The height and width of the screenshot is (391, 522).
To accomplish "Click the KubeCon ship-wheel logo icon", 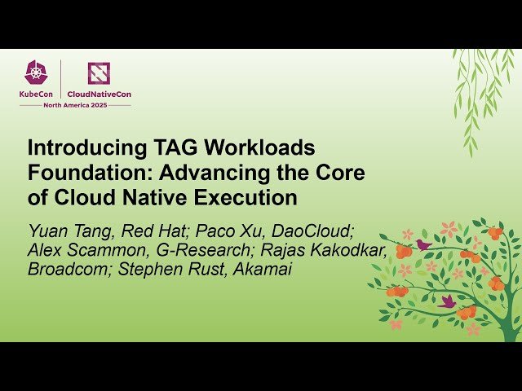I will pyautogui.click(x=35, y=73).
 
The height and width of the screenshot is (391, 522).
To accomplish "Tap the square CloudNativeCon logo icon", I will pyautogui.click(x=99, y=73).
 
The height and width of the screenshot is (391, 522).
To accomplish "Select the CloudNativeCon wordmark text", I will pyautogui.click(x=99, y=94).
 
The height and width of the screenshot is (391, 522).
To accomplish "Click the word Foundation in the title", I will pyautogui.click(x=87, y=173).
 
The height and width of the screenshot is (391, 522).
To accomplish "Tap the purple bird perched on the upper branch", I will pyautogui.click(x=422, y=244).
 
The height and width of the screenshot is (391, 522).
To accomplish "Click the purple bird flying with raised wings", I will pyautogui.click(x=447, y=301).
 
